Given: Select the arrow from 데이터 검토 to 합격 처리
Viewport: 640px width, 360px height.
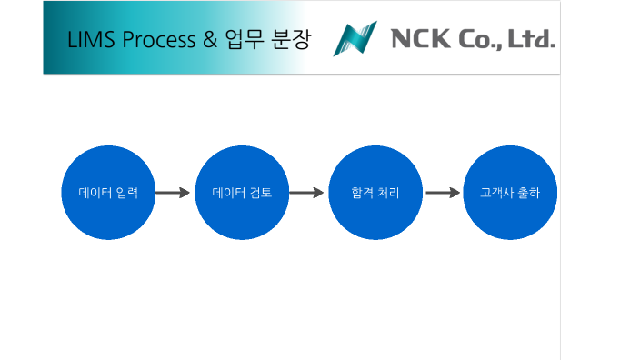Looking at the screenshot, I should point(307,193).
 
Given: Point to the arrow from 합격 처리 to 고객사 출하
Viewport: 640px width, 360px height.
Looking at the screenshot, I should point(443,193).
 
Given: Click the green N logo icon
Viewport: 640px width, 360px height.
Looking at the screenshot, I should point(355,39).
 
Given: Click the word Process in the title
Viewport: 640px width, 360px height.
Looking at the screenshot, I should point(156,40).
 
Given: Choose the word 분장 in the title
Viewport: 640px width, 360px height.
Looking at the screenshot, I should point(291,40).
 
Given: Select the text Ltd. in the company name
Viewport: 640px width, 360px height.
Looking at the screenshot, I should point(534,39).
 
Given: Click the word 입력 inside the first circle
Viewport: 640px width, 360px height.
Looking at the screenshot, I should point(127,193).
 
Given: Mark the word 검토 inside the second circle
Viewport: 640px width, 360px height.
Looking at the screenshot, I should point(261,193).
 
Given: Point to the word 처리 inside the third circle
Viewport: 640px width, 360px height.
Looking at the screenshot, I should point(387,193).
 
